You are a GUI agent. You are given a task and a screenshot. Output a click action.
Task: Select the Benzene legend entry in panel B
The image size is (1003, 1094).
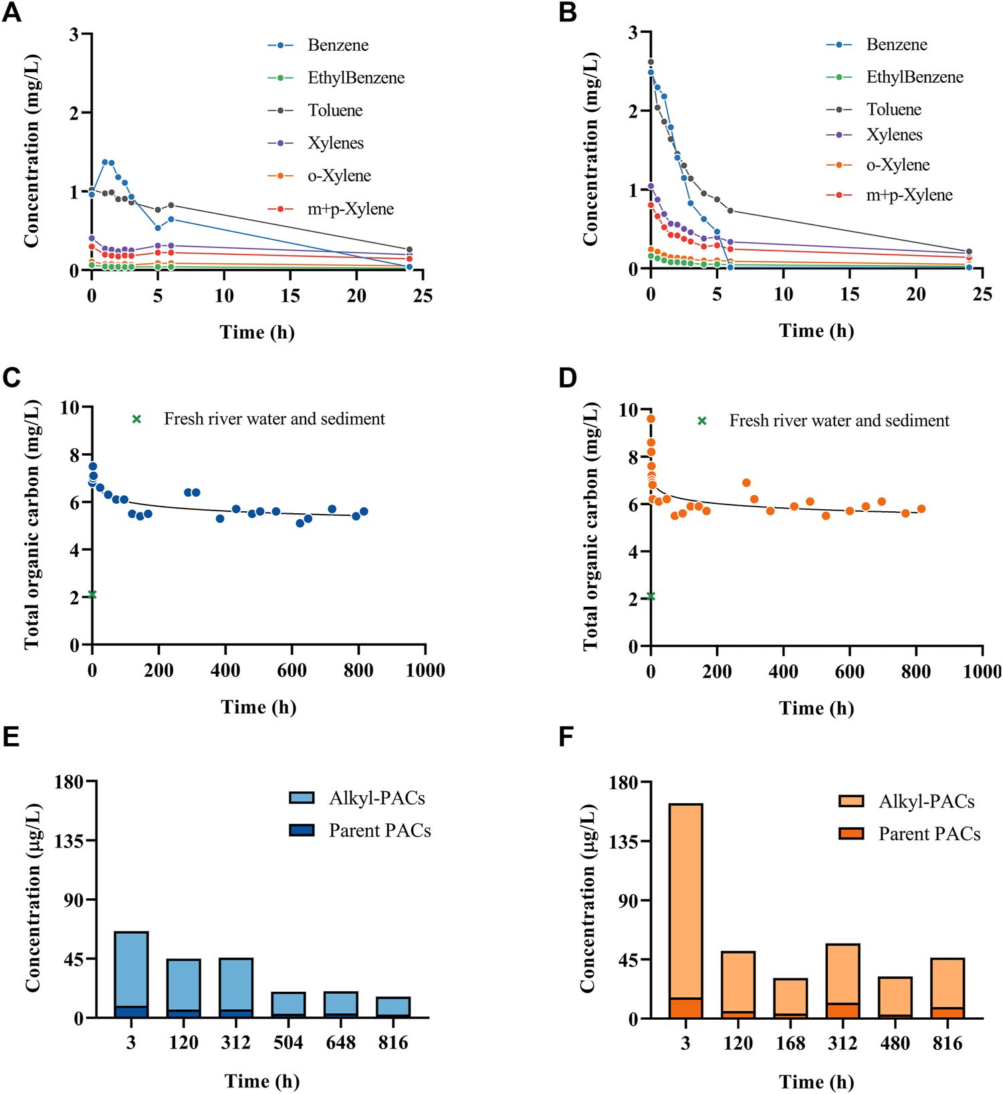(896, 45)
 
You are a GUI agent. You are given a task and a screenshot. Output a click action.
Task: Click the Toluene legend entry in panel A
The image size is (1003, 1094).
(335, 110)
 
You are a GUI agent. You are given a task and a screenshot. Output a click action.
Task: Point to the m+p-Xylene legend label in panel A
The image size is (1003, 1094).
(350, 209)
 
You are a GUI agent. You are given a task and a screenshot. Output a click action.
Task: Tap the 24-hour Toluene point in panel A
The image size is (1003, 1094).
(409, 249)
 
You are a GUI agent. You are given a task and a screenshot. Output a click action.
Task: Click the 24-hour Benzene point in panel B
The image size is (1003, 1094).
(969, 267)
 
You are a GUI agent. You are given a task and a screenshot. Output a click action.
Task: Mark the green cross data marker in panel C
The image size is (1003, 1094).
(92, 595)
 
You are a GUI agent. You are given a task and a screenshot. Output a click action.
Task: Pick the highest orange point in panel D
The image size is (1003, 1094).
(651, 419)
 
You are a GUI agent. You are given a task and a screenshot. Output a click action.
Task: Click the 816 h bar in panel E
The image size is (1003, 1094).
(393, 1007)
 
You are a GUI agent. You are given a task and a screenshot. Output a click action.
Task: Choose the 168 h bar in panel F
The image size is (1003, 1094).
(790, 998)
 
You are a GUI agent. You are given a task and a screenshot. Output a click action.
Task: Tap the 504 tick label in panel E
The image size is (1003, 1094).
(288, 1043)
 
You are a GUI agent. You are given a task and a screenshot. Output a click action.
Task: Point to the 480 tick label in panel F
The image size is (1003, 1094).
(895, 1044)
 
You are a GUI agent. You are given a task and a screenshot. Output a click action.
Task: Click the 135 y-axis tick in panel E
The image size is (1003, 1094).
(69, 841)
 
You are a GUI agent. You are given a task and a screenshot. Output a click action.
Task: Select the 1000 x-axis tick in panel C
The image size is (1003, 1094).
(425, 671)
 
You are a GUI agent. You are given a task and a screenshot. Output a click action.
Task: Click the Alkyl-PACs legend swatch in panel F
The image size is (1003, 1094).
(851, 801)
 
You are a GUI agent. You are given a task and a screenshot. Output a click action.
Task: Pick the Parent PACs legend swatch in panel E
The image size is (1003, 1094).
(302, 830)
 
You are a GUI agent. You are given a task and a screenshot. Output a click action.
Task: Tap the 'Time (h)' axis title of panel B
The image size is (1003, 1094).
(816, 331)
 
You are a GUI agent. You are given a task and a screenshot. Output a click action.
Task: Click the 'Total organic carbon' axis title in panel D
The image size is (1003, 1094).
(590, 527)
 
